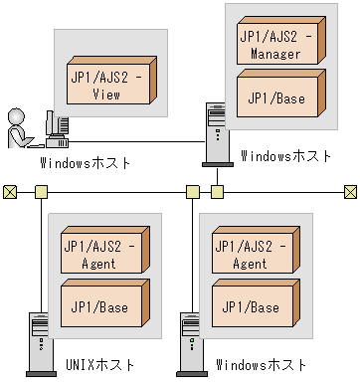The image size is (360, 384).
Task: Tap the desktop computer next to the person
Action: click(x=58, y=125)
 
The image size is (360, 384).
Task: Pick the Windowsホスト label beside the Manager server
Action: click(x=286, y=155)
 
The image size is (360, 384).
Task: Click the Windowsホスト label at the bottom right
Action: click(x=262, y=365)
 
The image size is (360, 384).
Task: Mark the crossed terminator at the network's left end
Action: click(x=10, y=190)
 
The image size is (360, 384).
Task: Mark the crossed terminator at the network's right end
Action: click(x=350, y=190)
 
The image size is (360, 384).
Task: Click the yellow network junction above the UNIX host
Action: click(x=41, y=190)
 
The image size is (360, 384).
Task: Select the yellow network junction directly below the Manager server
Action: click(x=217, y=190)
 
